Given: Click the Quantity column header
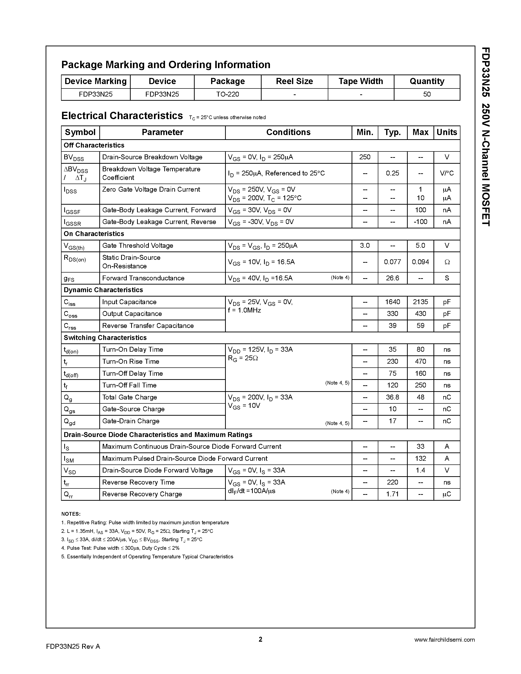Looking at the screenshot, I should pos(427,81).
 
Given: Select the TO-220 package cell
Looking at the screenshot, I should pos(228,94).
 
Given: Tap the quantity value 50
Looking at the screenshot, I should pos(427,94).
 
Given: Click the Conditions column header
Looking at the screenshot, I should pos(288,132).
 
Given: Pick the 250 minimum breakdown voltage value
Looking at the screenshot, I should pos(365,157).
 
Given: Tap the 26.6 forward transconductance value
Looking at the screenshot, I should pos(392,278).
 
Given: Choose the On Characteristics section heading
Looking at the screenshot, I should pos(94,234).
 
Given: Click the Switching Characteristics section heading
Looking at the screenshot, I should pos(105,338).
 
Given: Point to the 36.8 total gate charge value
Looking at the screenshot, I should pos(392,398).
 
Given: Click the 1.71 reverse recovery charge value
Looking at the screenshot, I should pos(392,494).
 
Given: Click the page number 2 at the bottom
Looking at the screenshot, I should pos(260,639).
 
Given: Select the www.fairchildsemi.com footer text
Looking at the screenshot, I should pos(444,640).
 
